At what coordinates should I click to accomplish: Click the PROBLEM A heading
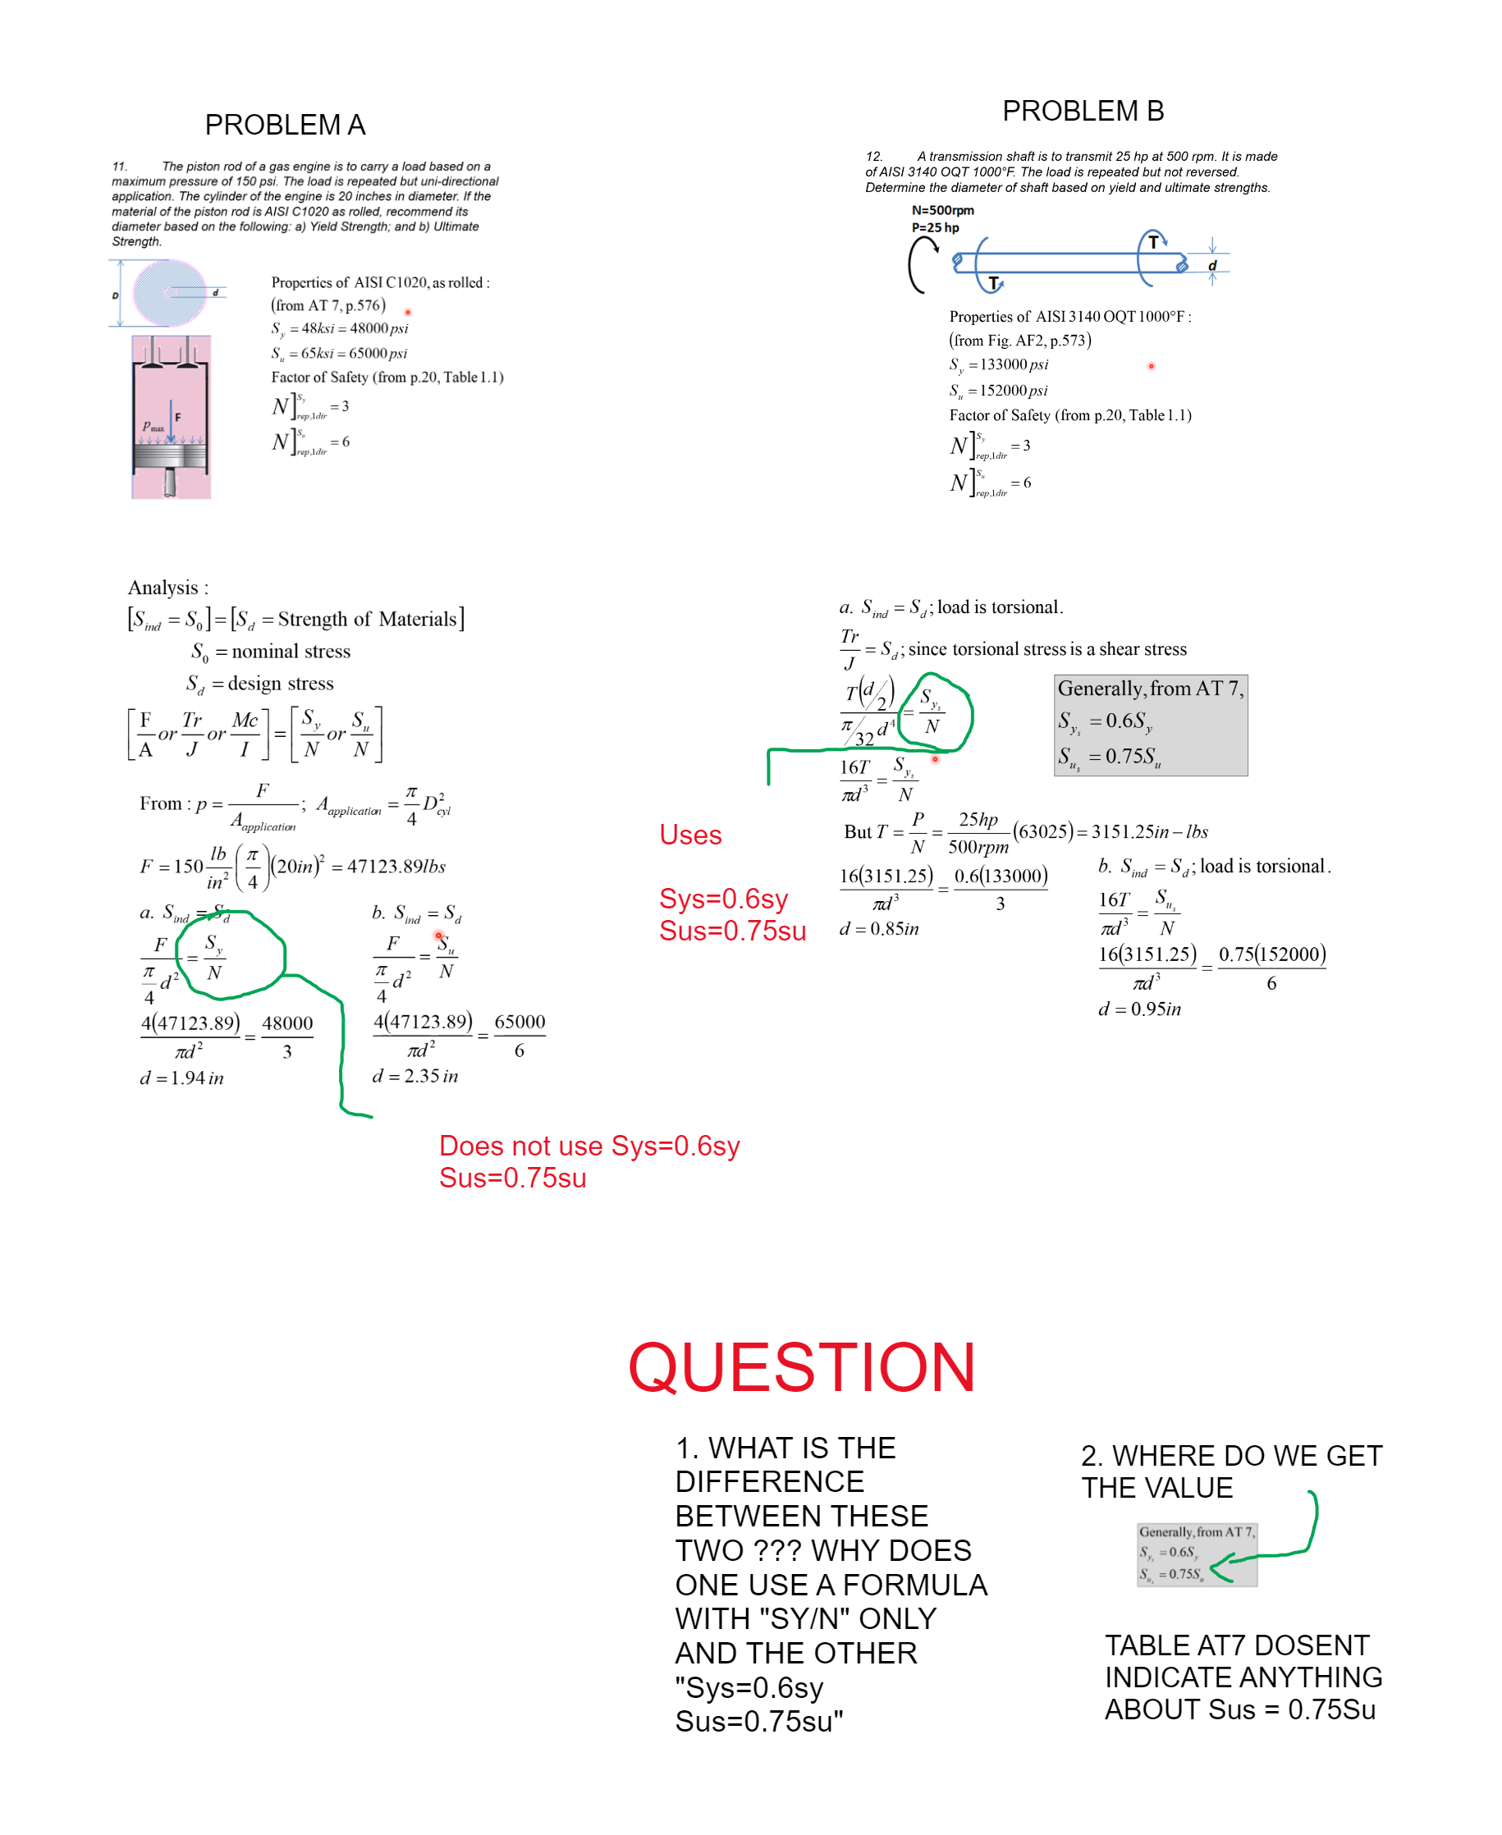point(285,125)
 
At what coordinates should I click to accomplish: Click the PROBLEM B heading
point(1083,111)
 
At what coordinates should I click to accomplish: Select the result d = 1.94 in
point(181,1078)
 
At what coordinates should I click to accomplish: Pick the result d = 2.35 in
point(415,1076)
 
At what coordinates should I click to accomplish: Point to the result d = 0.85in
point(879,929)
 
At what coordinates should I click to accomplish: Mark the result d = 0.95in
point(1139,1009)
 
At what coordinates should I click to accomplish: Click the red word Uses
point(689,835)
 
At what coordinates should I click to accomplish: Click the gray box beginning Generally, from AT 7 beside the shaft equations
point(1150,725)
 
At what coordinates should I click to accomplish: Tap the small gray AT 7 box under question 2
point(1196,1554)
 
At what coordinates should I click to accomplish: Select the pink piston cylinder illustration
point(172,417)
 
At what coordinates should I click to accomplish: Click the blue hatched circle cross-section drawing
point(171,292)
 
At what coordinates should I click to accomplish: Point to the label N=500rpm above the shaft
point(942,210)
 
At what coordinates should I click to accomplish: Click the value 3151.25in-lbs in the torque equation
point(1149,832)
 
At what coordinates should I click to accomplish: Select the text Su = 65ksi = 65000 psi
point(339,353)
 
